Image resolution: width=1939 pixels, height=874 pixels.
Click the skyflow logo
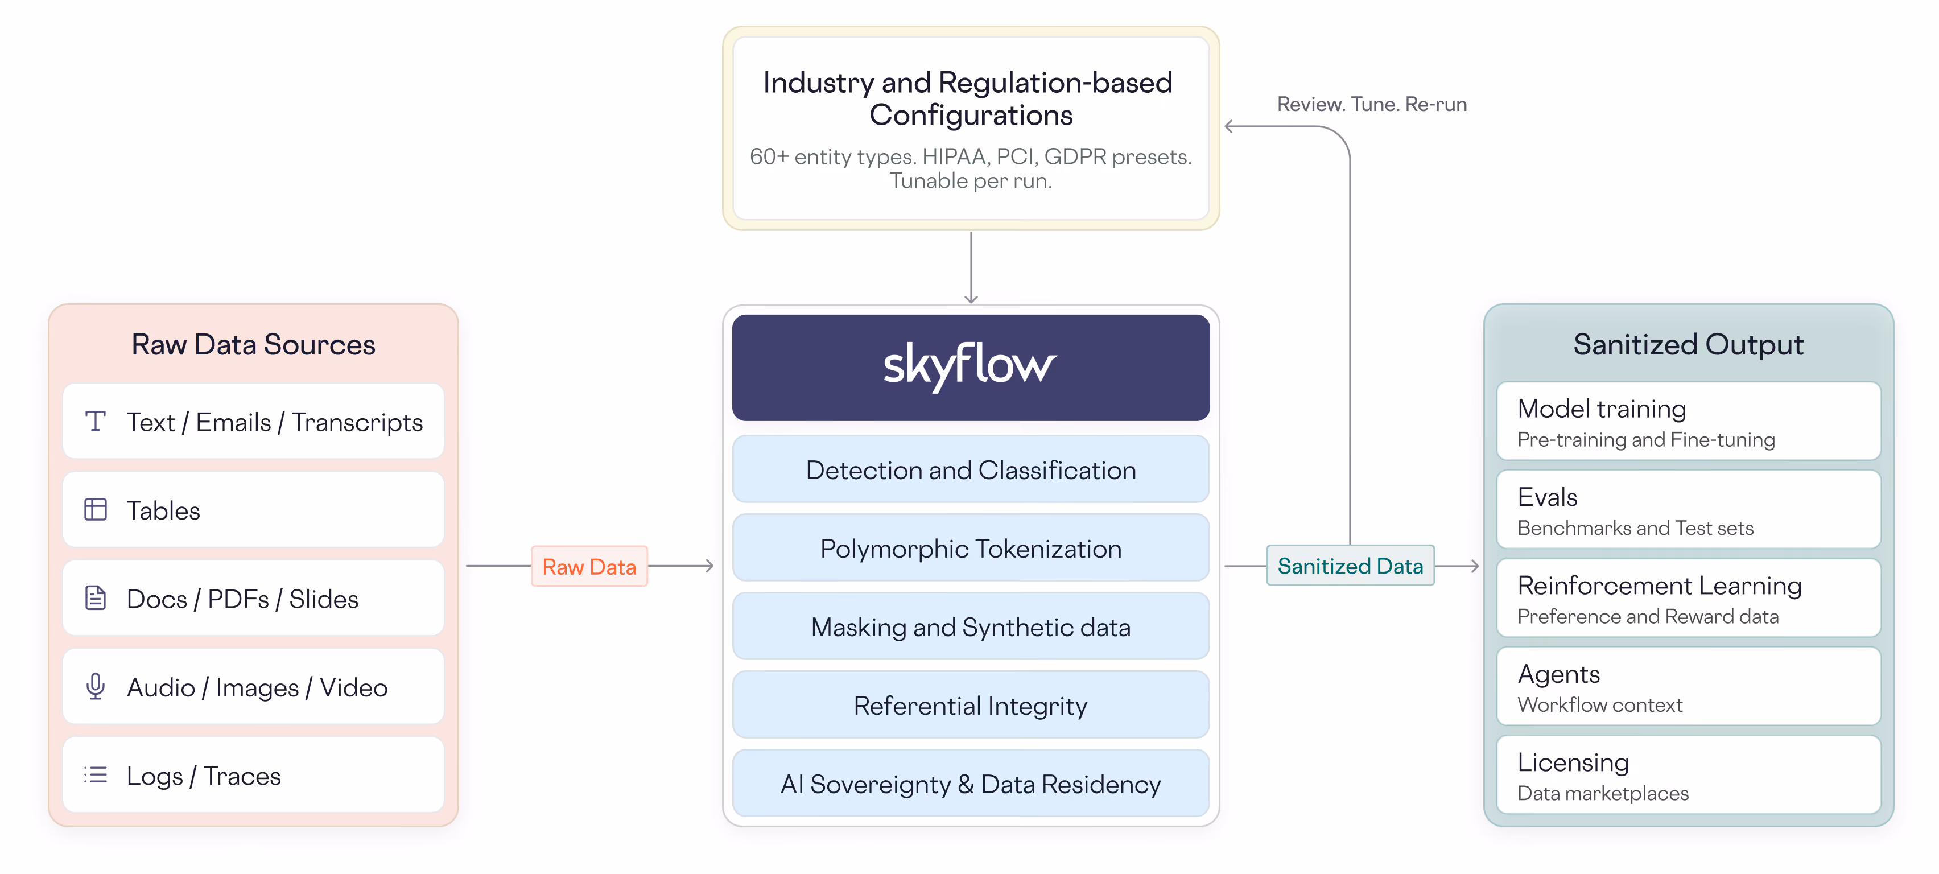(969, 366)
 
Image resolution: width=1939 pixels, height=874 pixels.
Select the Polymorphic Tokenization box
(970, 548)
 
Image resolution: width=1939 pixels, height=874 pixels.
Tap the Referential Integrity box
(970, 706)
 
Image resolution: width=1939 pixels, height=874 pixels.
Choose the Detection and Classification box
(970, 470)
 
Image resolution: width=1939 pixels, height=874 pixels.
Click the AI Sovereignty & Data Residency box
(970, 784)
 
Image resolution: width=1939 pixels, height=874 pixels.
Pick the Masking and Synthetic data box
(970, 627)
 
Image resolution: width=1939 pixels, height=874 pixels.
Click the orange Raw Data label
(589, 566)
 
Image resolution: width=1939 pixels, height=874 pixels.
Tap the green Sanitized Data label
(1350, 566)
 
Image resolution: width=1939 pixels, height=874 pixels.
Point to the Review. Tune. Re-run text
(1371, 104)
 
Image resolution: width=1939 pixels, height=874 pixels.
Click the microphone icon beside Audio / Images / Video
(96, 687)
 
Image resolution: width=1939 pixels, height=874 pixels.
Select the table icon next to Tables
(96, 510)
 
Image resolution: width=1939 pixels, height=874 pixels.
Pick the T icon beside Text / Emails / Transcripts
(96, 421)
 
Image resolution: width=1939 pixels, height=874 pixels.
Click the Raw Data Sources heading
(253, 344)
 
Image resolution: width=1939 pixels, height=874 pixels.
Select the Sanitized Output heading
(1688, 344)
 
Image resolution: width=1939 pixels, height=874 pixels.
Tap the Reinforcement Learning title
(1659, 585)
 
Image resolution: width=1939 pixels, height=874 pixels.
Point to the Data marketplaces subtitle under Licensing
(1603, 793)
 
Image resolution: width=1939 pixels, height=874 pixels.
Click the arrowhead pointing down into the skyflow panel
(971, 299)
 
